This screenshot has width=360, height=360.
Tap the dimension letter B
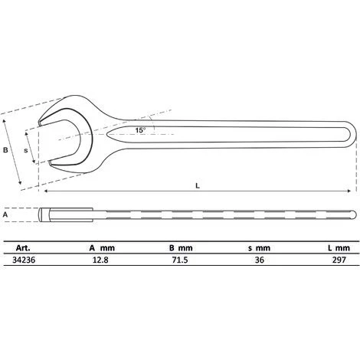7,150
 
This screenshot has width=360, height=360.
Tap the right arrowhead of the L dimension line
352,190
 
